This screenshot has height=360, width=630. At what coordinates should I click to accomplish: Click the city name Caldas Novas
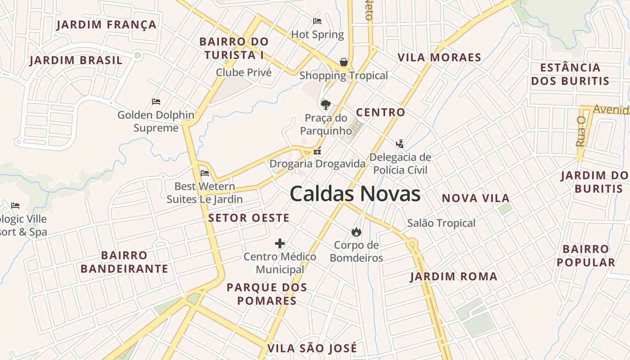(355, 194)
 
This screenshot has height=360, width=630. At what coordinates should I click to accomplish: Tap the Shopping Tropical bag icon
(344, 62)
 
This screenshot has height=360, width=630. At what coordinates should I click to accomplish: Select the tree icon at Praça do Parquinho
(325, 105)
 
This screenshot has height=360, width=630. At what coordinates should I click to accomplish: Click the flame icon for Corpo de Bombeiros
(356, 232)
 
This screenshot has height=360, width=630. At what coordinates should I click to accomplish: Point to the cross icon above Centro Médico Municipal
(280, 244)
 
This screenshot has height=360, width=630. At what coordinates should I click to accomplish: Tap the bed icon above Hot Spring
(317, 21)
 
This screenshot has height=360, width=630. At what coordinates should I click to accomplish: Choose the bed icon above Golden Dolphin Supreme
(156, 102)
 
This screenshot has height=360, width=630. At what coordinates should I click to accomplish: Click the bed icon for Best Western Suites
(205, 173)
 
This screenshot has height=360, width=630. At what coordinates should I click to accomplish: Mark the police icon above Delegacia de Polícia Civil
(400, 144)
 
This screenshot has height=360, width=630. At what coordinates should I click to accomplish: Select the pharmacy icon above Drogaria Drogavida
(317, 151)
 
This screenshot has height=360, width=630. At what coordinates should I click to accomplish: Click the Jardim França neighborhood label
(107, 25)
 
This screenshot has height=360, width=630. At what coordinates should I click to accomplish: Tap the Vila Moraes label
(440, 58)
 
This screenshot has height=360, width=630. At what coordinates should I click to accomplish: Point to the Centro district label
(381, 112)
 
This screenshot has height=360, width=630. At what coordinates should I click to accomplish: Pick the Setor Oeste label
(249, 218)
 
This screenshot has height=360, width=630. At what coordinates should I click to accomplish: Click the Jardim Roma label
(454, 277)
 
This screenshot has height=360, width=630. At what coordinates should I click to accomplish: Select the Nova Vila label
(476, 198)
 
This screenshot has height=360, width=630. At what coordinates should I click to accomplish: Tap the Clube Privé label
(244, 72)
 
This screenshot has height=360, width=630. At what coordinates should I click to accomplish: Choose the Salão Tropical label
(441, 223)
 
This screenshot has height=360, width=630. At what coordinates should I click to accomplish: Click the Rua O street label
(580, 131)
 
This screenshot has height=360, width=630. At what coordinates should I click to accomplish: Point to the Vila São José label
(312, 348)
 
